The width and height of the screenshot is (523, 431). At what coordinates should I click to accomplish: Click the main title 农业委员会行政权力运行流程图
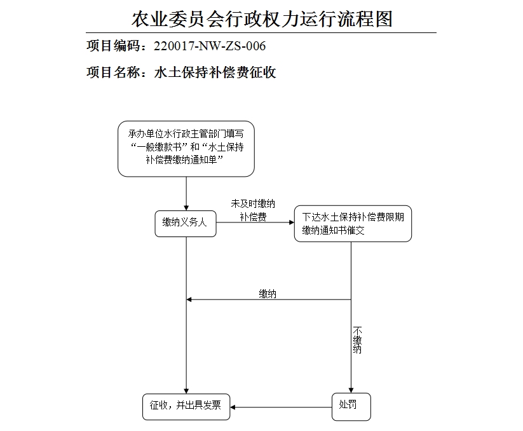(262, 18)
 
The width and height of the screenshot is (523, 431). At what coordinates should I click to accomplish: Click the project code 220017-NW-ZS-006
(210, 46)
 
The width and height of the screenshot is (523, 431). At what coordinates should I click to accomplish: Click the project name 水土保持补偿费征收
(215, 72)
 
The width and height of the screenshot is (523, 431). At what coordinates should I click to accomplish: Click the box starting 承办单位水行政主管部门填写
(186, 148)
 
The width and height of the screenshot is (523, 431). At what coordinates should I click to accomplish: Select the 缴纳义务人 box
(186, 223)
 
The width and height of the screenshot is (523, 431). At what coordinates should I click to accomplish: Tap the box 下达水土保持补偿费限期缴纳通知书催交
(352, 224)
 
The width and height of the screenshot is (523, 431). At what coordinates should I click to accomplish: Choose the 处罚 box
(351, 406)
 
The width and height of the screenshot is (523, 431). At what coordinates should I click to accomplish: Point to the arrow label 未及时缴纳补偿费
(253, 210)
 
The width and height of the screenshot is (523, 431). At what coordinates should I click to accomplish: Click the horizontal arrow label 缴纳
(268, 294)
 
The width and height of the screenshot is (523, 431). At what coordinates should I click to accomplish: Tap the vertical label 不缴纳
(357, 340)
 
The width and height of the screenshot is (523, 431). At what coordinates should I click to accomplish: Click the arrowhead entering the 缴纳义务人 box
(186, 206)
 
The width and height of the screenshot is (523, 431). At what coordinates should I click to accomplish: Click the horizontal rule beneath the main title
(261, 32)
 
